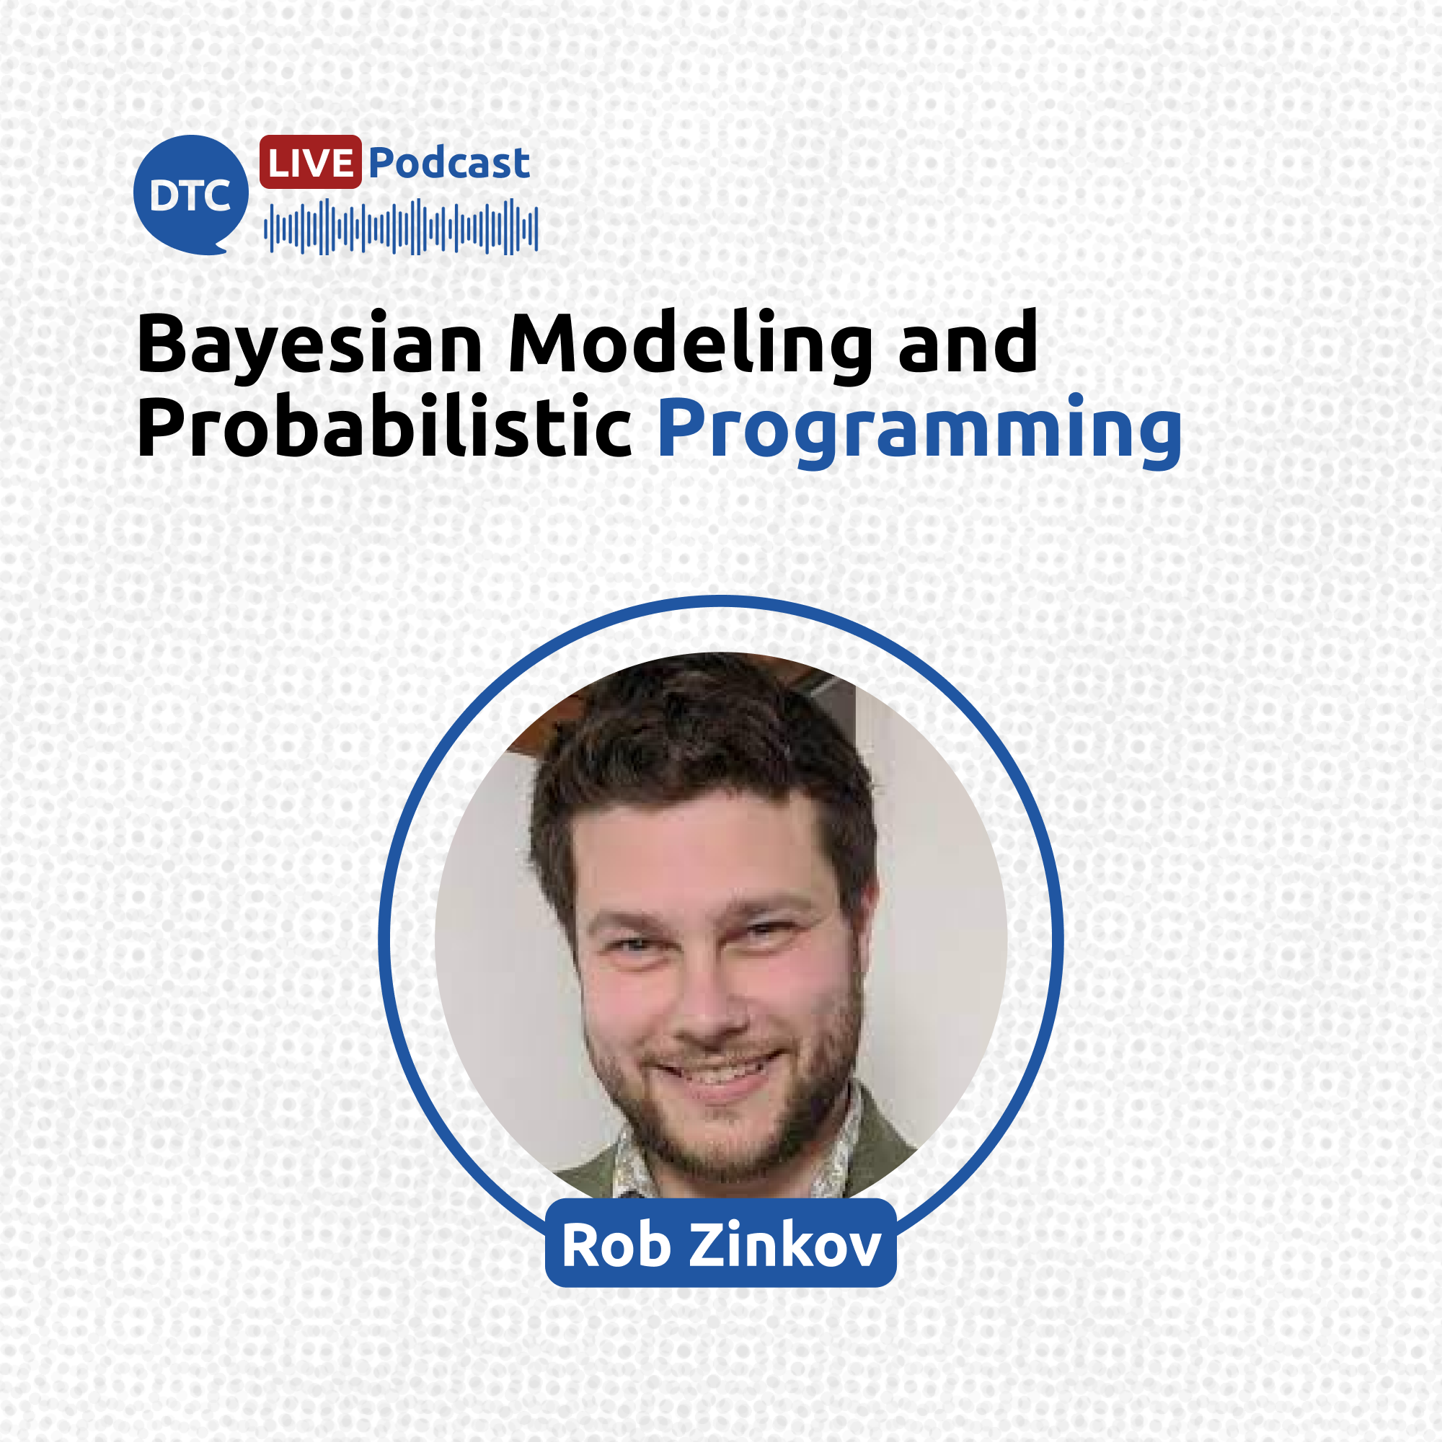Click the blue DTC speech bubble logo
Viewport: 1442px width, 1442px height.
[x=191, y=194]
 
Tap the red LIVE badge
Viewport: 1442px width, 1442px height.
[x=311, y=162]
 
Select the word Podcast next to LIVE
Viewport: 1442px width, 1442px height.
[x=449, y=163]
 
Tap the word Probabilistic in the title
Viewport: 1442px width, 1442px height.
[x=384, y=425]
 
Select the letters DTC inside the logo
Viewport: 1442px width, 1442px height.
[x=190, y=195]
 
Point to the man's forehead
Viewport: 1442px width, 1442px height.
[x=702, y=851]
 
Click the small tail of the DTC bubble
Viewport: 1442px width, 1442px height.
[x=218, y=248]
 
